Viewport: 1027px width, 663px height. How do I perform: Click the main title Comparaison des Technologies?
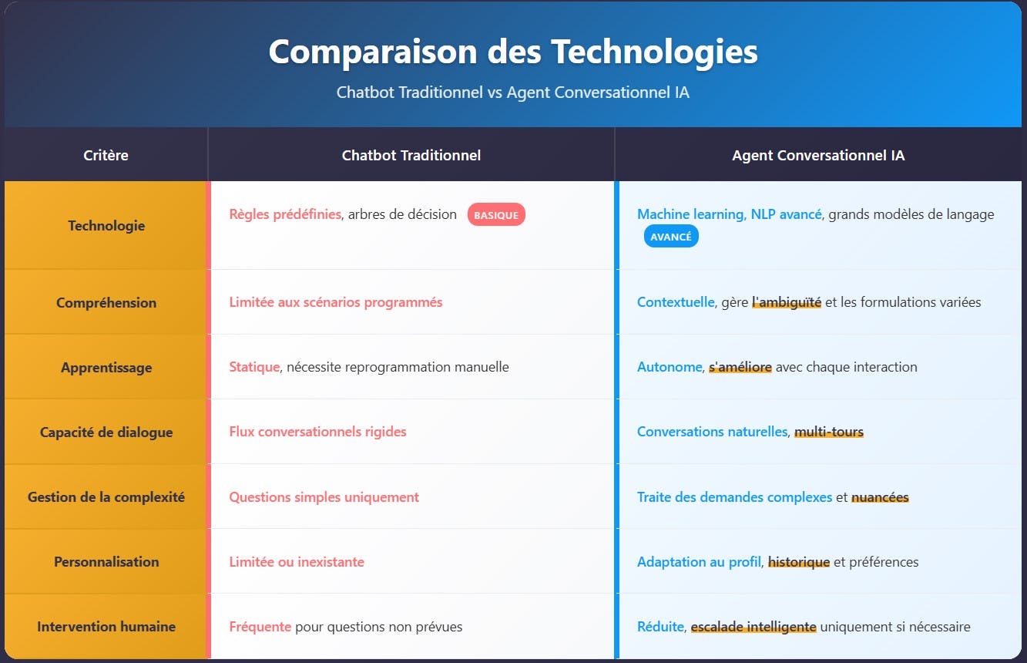pyautogui.click(x=513, y=52)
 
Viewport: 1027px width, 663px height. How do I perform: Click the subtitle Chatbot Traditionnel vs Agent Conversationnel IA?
pyautogui.click(x=513, y=93)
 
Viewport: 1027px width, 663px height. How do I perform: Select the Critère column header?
pyautogui.click(x=106, y=155)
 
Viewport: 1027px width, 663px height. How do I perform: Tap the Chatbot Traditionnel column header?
pyautogui.click(x=411, y=155)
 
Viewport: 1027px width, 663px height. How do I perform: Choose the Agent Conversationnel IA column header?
pyautogui.click(x=818, y=155)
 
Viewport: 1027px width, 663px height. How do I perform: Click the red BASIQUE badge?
pyautogui.click(x=496, y=215)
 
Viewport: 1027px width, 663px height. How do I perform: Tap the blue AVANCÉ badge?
pyautogui.click(x=671, y=237)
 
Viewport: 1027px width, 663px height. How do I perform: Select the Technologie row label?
pyautogui.click(x=106, y=226)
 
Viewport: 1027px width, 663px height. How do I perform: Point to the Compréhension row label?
pyautogui.click(x=106, y=303)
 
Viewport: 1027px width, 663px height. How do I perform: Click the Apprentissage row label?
pyautogui.click(x=106, y=368)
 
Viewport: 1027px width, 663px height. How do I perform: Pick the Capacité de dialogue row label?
pyautogui.click(x=106, y=432)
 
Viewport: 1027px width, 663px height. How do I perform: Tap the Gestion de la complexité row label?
pyautogui.click(x=106, y=497)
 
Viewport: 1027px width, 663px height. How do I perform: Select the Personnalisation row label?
pyautogui.click(x=106, y=561)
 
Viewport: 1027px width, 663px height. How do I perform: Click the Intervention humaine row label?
pyautogui.click(x=106, y=626)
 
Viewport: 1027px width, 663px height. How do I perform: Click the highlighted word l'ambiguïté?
pyautogui.click(x=787, y=302)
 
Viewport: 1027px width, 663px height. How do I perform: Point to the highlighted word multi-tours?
pyautogui.click(x=829, y=432)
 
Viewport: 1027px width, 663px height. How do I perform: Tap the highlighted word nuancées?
pyautogui.click(x=881, y=497)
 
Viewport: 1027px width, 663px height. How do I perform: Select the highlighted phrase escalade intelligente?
pyautogui.click(x=753, y=626)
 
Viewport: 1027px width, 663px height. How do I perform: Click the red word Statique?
pyautogui.click(x=254, y=367)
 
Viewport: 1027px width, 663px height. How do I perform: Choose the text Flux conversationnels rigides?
pyautogui.click(x=317, y=432)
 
